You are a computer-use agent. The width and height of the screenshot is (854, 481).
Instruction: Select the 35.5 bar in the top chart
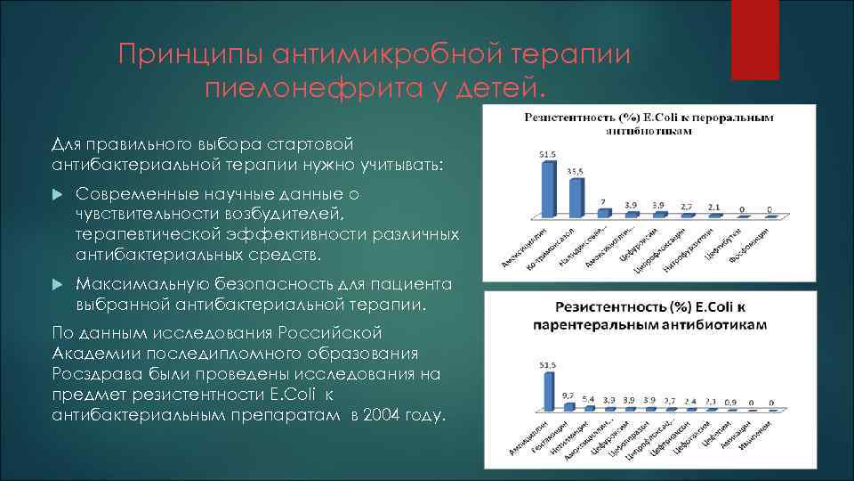(576, 197)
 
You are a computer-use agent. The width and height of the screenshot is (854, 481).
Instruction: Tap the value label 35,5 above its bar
(575, 171)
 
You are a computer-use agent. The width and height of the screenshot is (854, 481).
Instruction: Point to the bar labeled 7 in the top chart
(604, 212)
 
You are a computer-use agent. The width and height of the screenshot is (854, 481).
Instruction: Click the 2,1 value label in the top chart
(714, 207)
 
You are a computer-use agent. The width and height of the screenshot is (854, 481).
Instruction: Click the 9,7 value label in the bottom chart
(567, 394)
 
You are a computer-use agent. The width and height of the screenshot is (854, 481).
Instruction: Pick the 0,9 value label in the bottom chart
(730, 403)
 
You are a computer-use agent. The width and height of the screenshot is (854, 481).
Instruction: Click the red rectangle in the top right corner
(754, 40)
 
